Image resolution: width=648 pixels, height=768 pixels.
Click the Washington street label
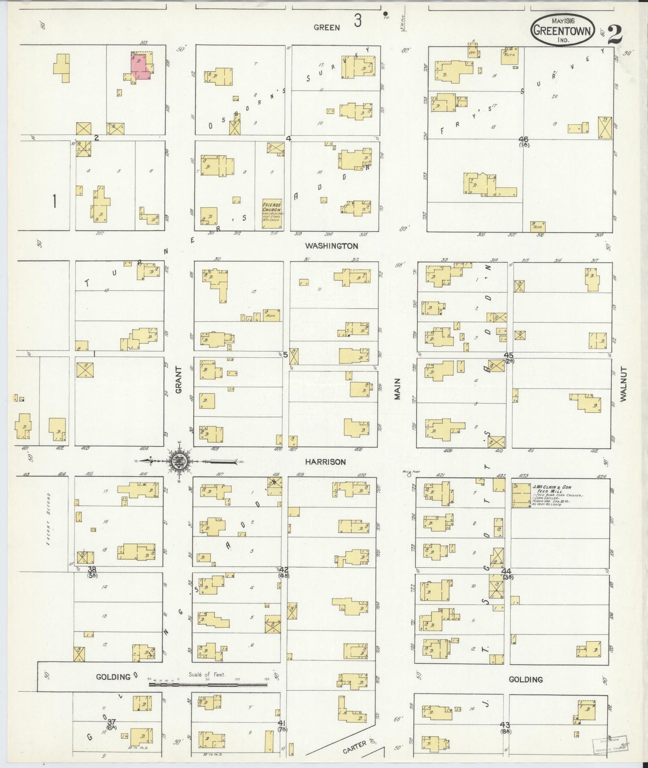[331, 246]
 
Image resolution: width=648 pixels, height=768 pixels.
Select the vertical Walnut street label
[623, 384]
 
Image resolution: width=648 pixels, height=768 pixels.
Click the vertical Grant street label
[178, 380]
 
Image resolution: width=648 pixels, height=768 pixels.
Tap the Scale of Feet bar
[208, 684]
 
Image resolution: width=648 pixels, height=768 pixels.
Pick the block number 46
[523, 139]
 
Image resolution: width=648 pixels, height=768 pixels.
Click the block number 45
[508, 355]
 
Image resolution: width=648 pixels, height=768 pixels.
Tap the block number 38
[92, 570]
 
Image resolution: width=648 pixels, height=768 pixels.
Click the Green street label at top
[326, 27]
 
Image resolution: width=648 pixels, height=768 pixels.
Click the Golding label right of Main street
[526, 680]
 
